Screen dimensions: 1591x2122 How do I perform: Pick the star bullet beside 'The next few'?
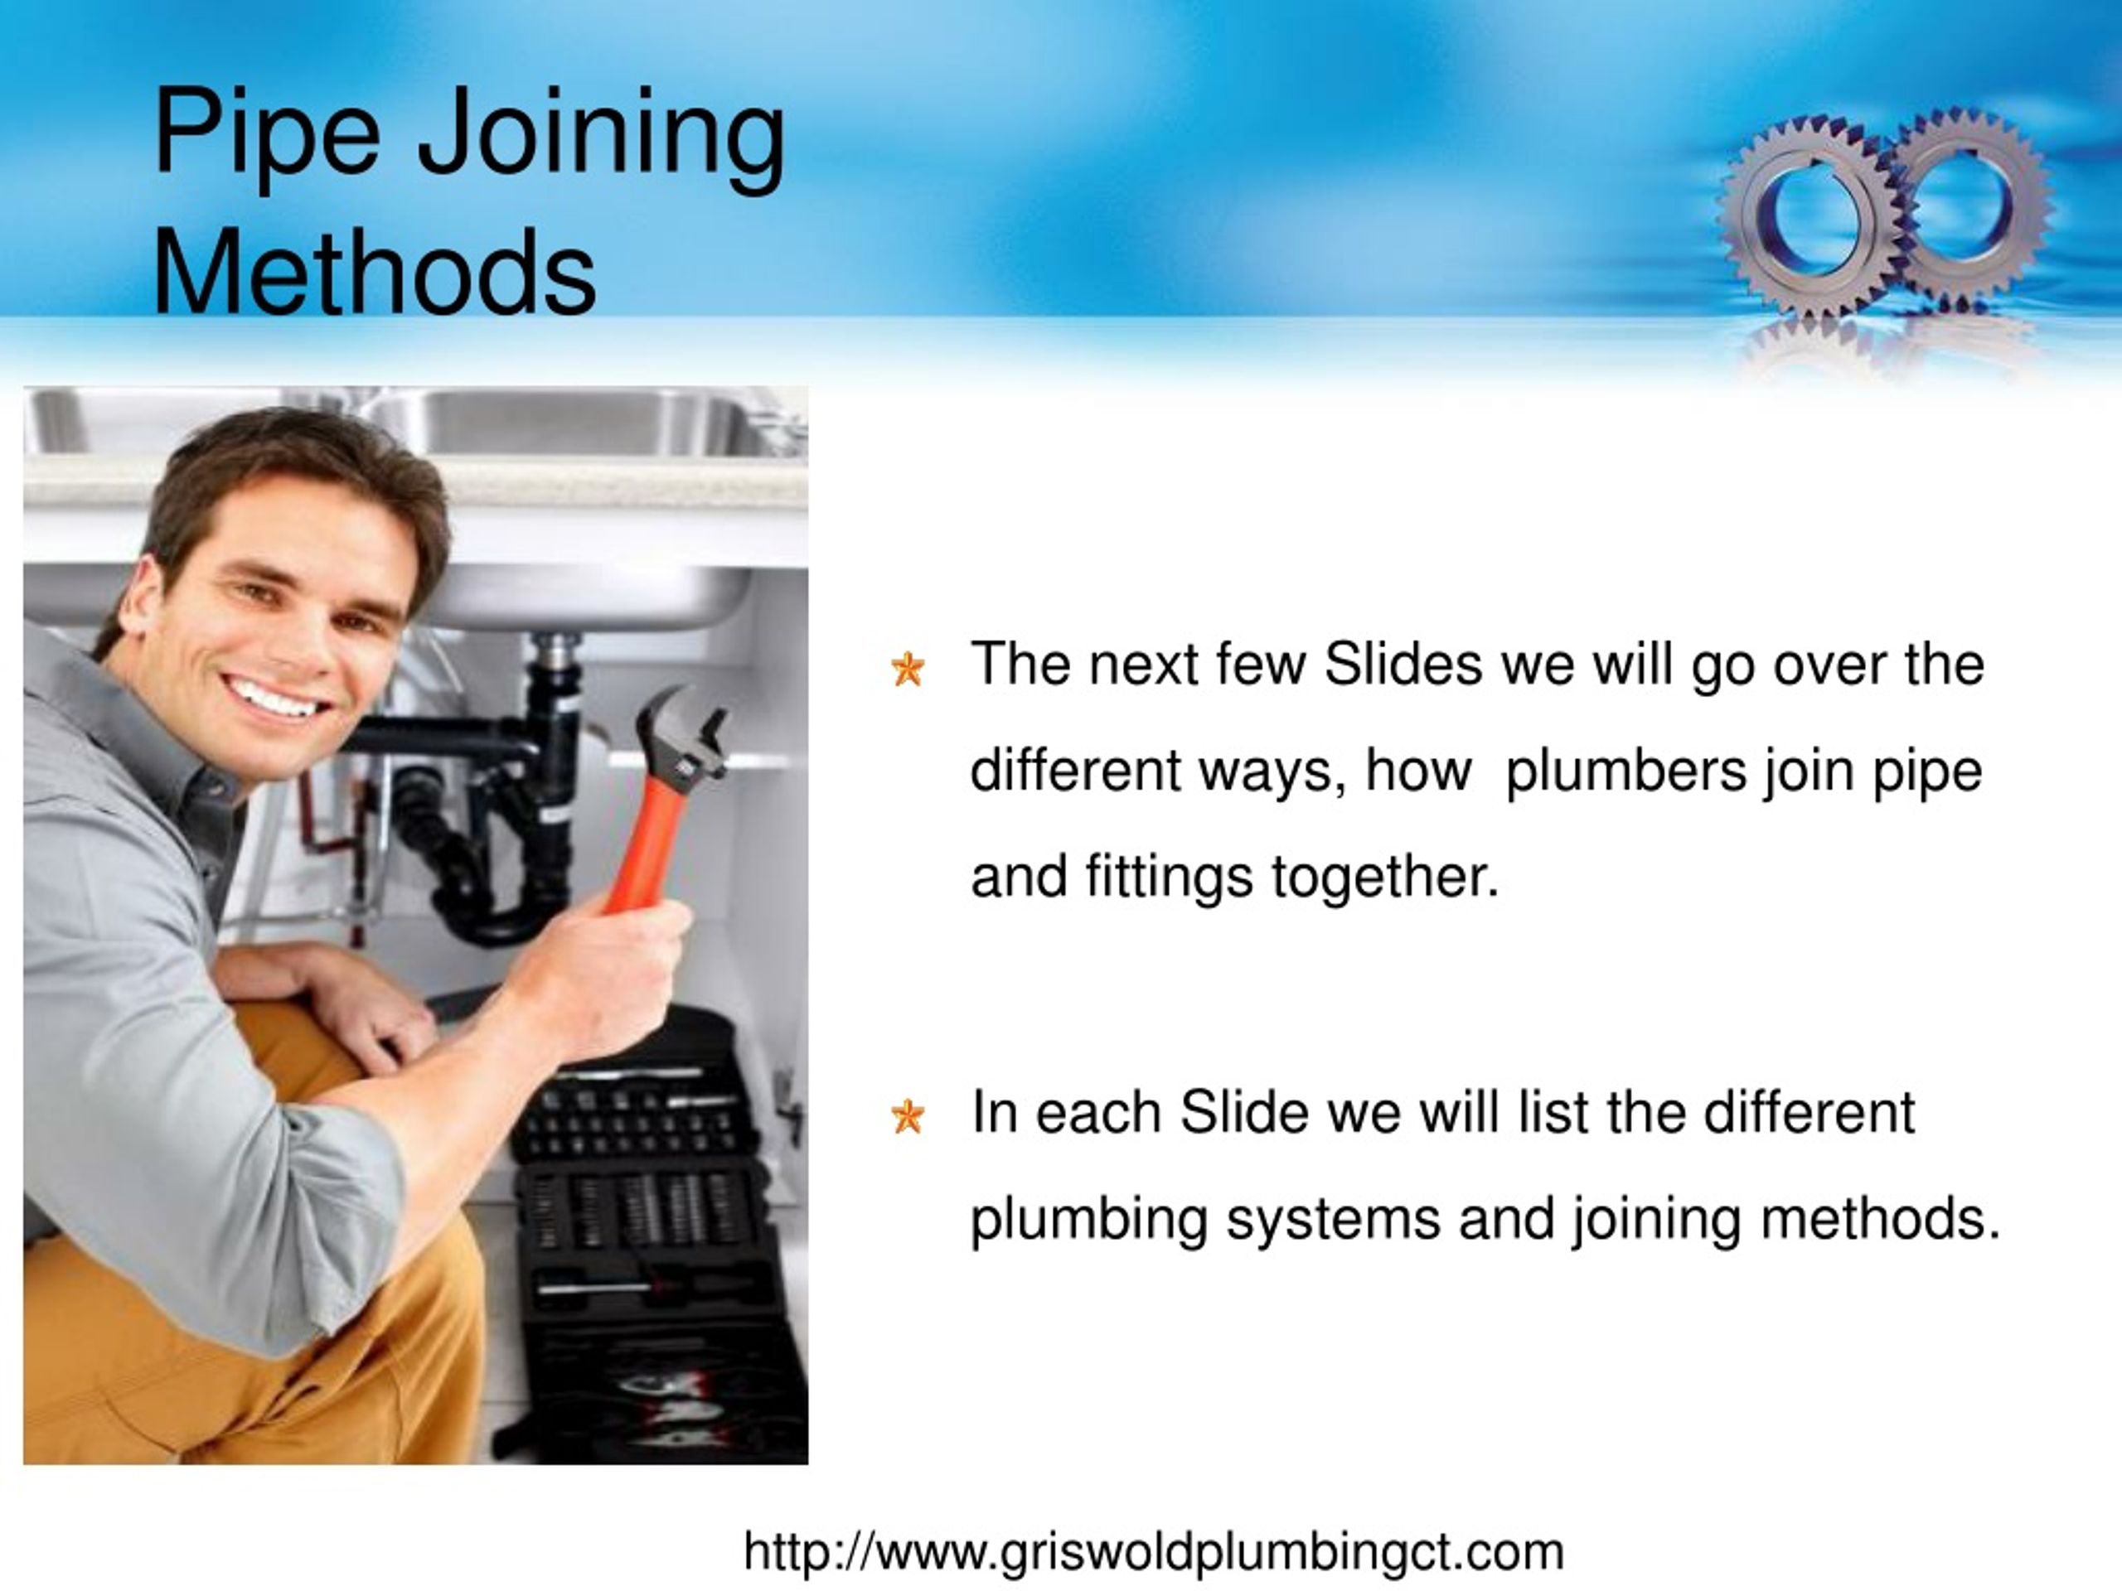(907, 669)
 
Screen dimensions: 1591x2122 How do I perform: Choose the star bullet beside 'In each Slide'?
(907, 1116)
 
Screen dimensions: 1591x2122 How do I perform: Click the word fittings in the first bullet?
(1169, 877)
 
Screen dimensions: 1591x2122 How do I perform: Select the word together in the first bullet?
(1384, 877)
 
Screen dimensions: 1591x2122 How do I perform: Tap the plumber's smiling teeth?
(274, 697)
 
